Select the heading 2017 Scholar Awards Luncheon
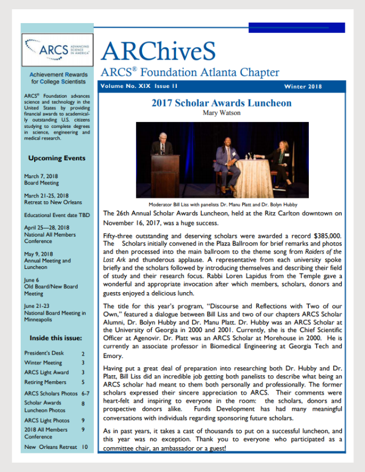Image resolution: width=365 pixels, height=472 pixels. (221, 104)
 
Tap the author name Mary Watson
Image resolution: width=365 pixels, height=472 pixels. (221, 113)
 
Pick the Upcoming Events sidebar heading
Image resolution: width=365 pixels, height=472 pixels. (57, 158)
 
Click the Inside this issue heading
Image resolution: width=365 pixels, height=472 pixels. (57, 337)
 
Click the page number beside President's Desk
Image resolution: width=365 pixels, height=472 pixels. (83, 353)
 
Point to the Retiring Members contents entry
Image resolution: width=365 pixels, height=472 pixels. (46, 382)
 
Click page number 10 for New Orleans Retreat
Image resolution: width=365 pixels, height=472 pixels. (85, 447)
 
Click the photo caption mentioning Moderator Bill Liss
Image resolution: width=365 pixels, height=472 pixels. (221, 204)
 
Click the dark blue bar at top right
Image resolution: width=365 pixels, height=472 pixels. (297, 27)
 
